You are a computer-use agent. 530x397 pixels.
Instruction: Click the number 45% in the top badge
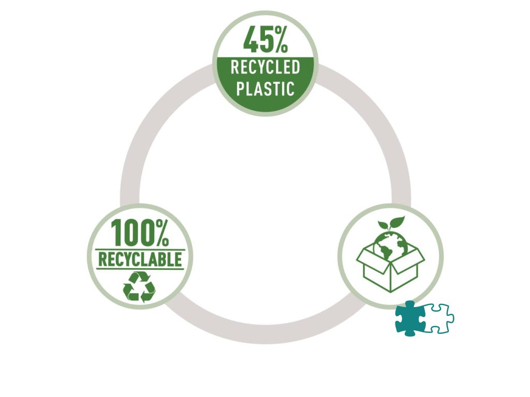point(266,40)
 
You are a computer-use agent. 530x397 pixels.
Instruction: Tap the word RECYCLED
point(265,68)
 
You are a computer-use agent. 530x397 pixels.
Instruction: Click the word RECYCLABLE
point(140,259)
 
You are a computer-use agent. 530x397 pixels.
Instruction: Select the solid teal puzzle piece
point(410,317)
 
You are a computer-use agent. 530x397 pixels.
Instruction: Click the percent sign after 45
point(280,40)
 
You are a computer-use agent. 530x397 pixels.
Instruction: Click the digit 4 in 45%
point(251,40)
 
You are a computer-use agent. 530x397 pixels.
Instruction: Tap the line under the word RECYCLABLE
point(140,268)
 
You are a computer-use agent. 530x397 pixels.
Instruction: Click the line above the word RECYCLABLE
point(140,250)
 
